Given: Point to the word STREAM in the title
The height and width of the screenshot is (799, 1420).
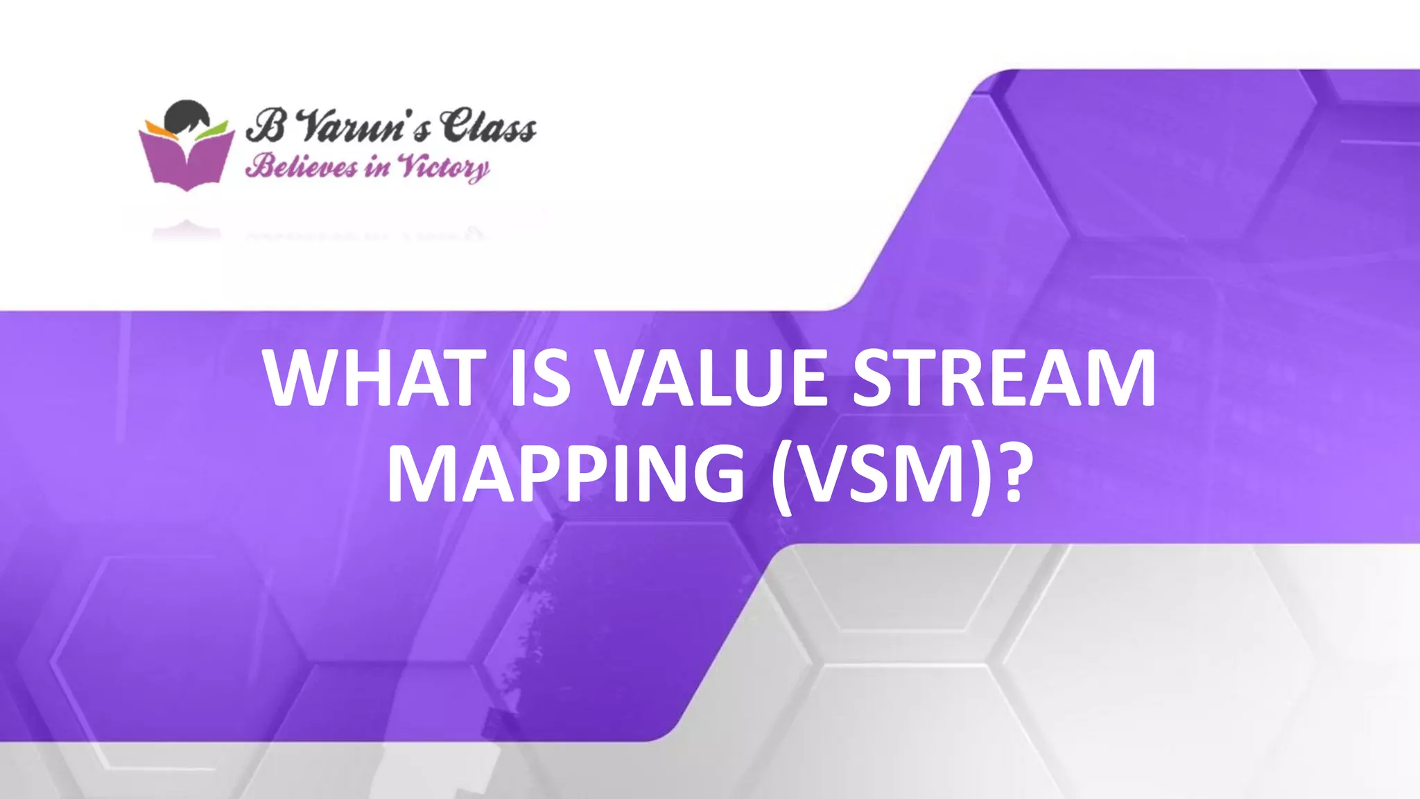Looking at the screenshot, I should tap(1004, 378).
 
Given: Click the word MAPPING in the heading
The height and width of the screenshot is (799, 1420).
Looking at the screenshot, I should tap(566, 474).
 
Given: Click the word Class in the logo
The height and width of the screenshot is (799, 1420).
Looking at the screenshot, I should tap(488, 126).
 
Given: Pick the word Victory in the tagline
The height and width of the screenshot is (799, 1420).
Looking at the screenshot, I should tap(444, 168).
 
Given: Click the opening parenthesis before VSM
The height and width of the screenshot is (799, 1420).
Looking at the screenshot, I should tap(783, 477).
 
